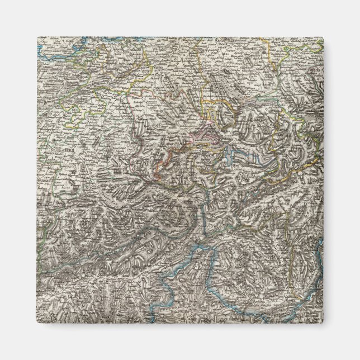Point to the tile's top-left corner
tap(37, 37)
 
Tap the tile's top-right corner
tap(324, 37)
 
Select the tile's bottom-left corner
tap(37, 324)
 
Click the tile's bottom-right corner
tap(324, 324)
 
